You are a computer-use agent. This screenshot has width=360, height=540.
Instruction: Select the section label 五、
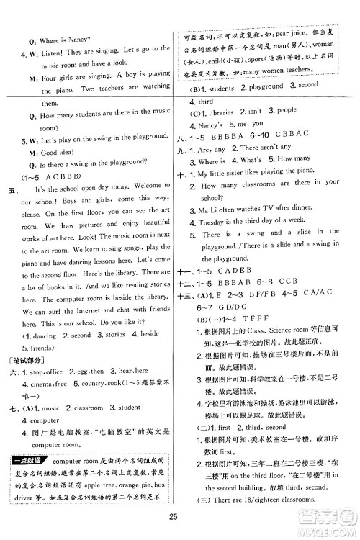point(12,189)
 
